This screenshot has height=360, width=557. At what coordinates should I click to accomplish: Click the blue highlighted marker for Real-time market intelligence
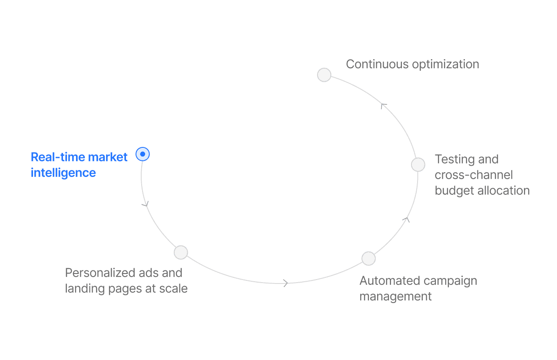[143, 154]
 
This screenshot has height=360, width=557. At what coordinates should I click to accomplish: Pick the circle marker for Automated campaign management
[368, 258]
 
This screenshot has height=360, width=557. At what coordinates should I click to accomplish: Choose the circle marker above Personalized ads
[181, 252]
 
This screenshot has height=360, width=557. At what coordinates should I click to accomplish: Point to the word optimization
[445, 64]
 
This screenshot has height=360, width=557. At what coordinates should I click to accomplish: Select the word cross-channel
[474, 175]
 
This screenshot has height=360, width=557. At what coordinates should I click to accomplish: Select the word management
[396, 297]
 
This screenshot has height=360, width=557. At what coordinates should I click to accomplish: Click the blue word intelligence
[63, 173]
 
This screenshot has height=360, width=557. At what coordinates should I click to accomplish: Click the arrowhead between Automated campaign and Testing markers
[406, 220]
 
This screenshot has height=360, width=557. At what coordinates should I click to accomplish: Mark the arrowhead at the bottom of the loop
[285, 283]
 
